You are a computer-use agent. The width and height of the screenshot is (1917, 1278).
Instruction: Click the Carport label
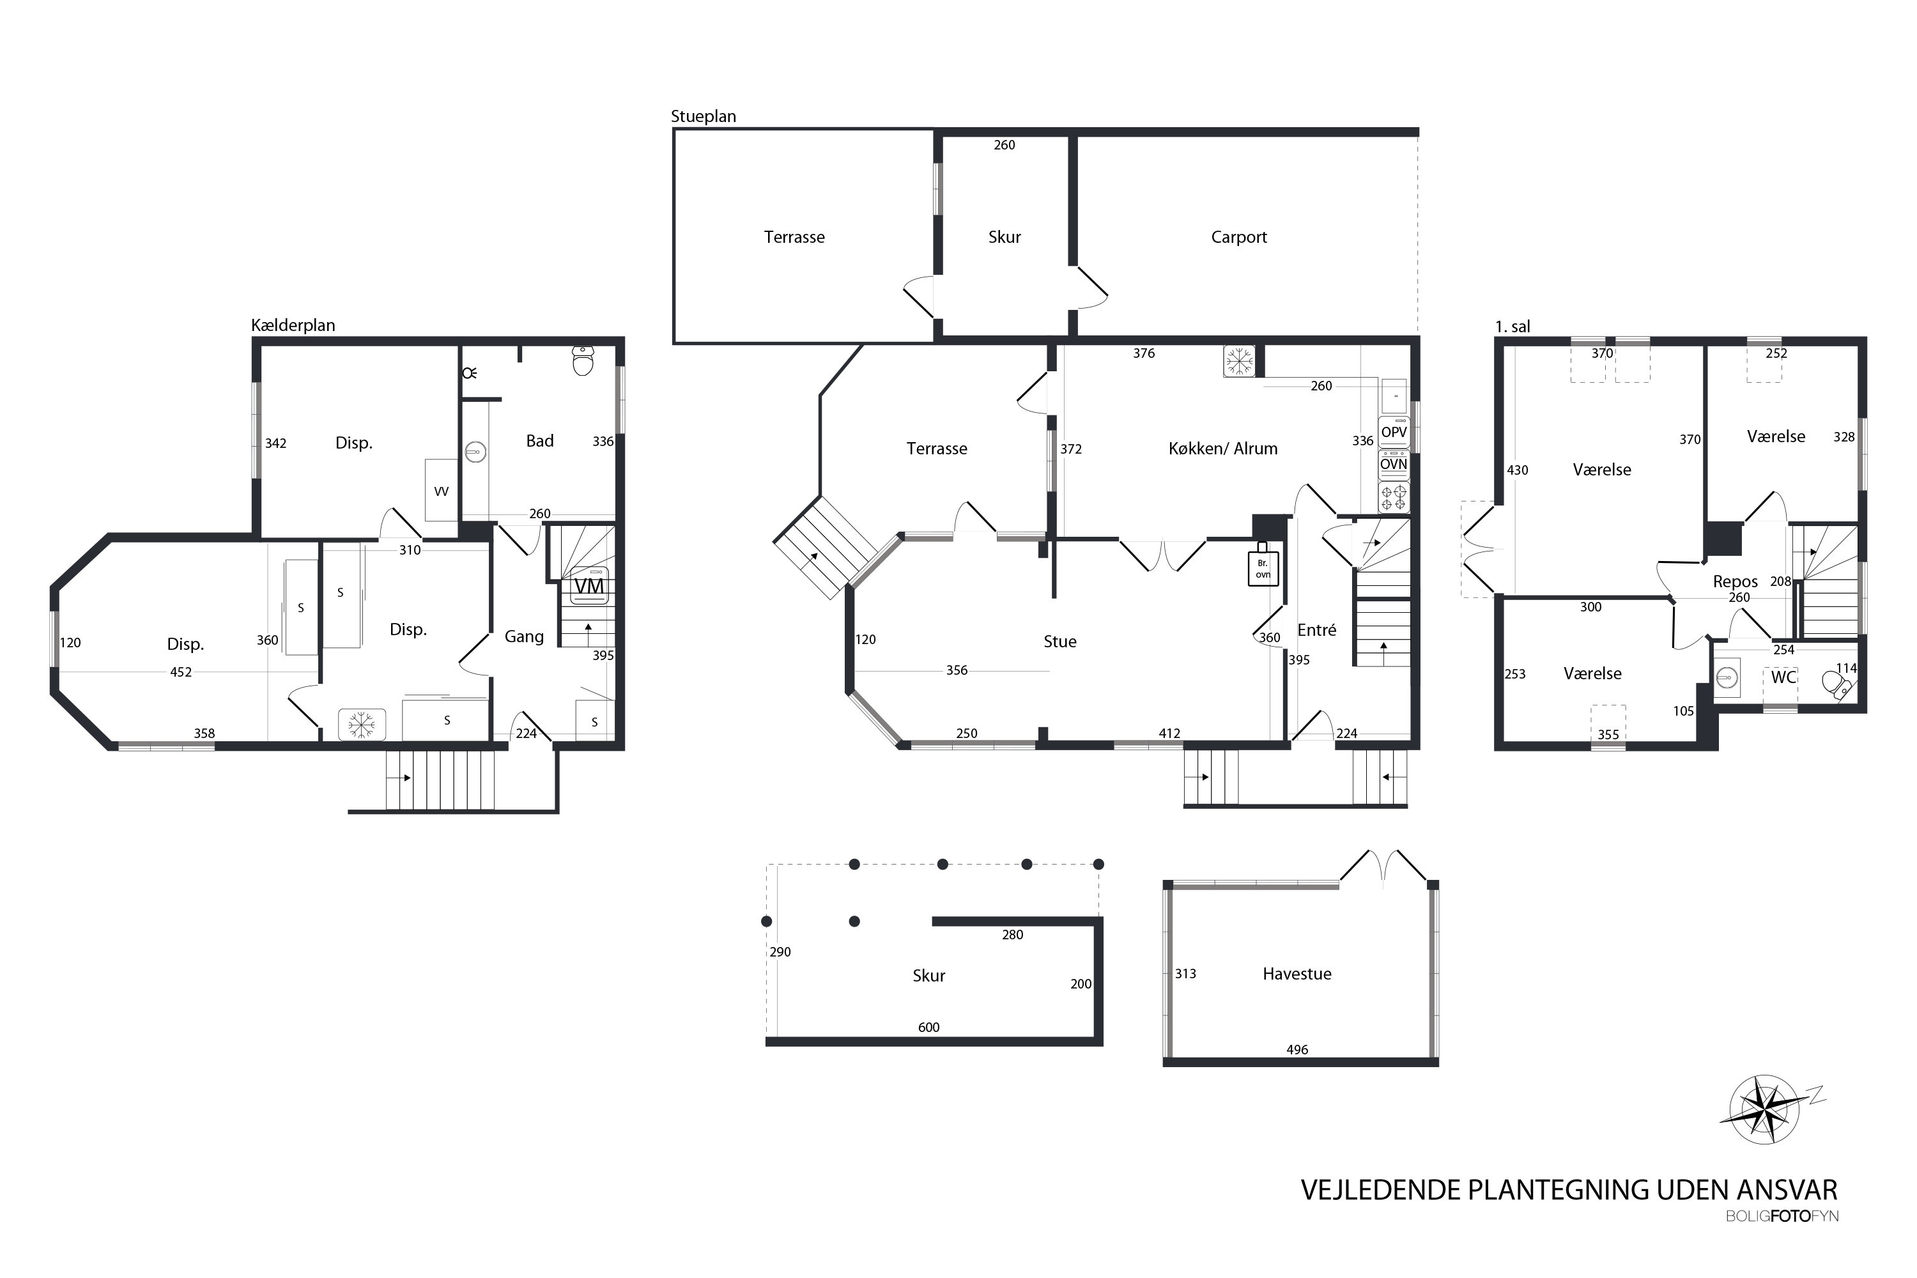pos(1238,237)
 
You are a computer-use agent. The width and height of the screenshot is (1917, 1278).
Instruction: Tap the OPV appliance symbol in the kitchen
pos(1394,432)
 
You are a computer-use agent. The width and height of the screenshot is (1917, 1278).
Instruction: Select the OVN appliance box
pos(1394,465)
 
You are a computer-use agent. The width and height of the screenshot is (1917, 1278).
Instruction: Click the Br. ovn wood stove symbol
pos(1263,565)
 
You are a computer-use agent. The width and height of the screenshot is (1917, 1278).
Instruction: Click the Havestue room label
pos(1297,974)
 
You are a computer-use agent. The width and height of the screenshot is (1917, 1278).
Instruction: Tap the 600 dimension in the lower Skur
pos(928,1027)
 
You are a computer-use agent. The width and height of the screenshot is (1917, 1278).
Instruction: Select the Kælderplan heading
pos(293,325)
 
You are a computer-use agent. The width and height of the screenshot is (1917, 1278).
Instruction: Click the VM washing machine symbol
pos(589,585)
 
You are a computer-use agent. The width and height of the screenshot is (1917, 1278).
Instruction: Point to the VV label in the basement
pos(441,491)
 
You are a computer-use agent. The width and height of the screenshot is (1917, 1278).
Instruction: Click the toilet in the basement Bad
pos(583,360)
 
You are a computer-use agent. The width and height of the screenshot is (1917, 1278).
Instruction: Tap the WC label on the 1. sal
pos(1783,677)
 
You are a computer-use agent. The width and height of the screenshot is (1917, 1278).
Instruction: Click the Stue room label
pos(1059,642)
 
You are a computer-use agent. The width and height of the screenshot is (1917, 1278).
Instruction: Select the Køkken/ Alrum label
pos(1222,449)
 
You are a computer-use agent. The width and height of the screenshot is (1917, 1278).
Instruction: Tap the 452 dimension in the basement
pos(181,672)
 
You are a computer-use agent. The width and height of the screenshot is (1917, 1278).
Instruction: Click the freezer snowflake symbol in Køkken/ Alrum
pos(1239,360)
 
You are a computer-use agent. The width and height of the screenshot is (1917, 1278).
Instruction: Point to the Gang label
pos(523,636)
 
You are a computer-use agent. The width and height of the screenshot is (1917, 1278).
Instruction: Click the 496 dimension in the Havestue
pos(1297,1050)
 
